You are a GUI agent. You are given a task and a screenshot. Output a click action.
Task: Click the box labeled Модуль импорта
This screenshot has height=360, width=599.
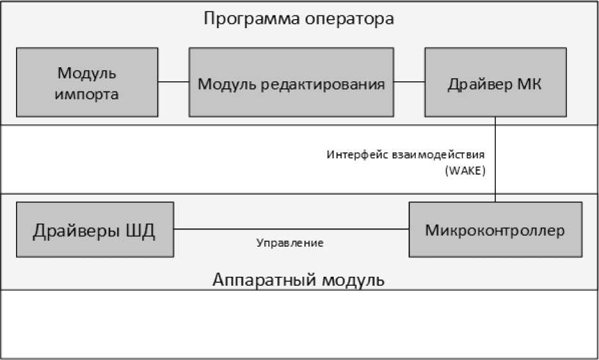tap(86, 82)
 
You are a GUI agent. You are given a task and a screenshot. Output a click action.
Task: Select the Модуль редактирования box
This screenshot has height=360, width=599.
tap(291, 82)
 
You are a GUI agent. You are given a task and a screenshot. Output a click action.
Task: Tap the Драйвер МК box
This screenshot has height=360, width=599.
tap(495, 82)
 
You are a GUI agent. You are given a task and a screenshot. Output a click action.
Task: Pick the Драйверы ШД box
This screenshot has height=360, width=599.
tap(94, 229)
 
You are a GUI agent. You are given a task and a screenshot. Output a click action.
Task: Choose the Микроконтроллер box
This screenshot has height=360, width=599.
tap(495, 229)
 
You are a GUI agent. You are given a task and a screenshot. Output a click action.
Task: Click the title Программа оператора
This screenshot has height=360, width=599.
tap(299, 18)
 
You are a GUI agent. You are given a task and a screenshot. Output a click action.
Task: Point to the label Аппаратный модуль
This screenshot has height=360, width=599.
tap(299, 281)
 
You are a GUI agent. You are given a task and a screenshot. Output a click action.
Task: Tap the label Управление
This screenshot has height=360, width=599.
tap(290, 243)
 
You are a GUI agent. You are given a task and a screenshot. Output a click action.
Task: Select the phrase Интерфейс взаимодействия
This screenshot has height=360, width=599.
tap(406, 154)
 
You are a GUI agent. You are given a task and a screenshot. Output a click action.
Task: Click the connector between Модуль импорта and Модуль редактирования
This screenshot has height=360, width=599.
tap(173, 82)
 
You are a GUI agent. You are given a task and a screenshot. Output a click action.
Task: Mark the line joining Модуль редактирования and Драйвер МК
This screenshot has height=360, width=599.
tap(409, 82)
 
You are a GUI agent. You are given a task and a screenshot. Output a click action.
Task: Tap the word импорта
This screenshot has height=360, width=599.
tap(86, 94)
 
